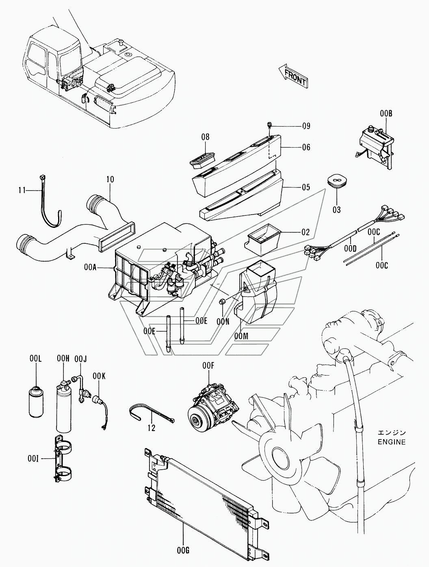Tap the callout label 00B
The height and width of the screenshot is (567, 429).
(386, 114)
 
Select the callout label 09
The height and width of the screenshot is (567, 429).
(306, 126)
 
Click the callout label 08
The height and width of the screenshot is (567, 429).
(205, 137)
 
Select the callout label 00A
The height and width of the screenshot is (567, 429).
(91, 267)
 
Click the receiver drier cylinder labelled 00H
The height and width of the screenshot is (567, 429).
(63, 410)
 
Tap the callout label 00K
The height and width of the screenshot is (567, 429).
(99, 376)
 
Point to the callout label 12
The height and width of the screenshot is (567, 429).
(152, 428)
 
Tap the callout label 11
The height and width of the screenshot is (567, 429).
(22, 189)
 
